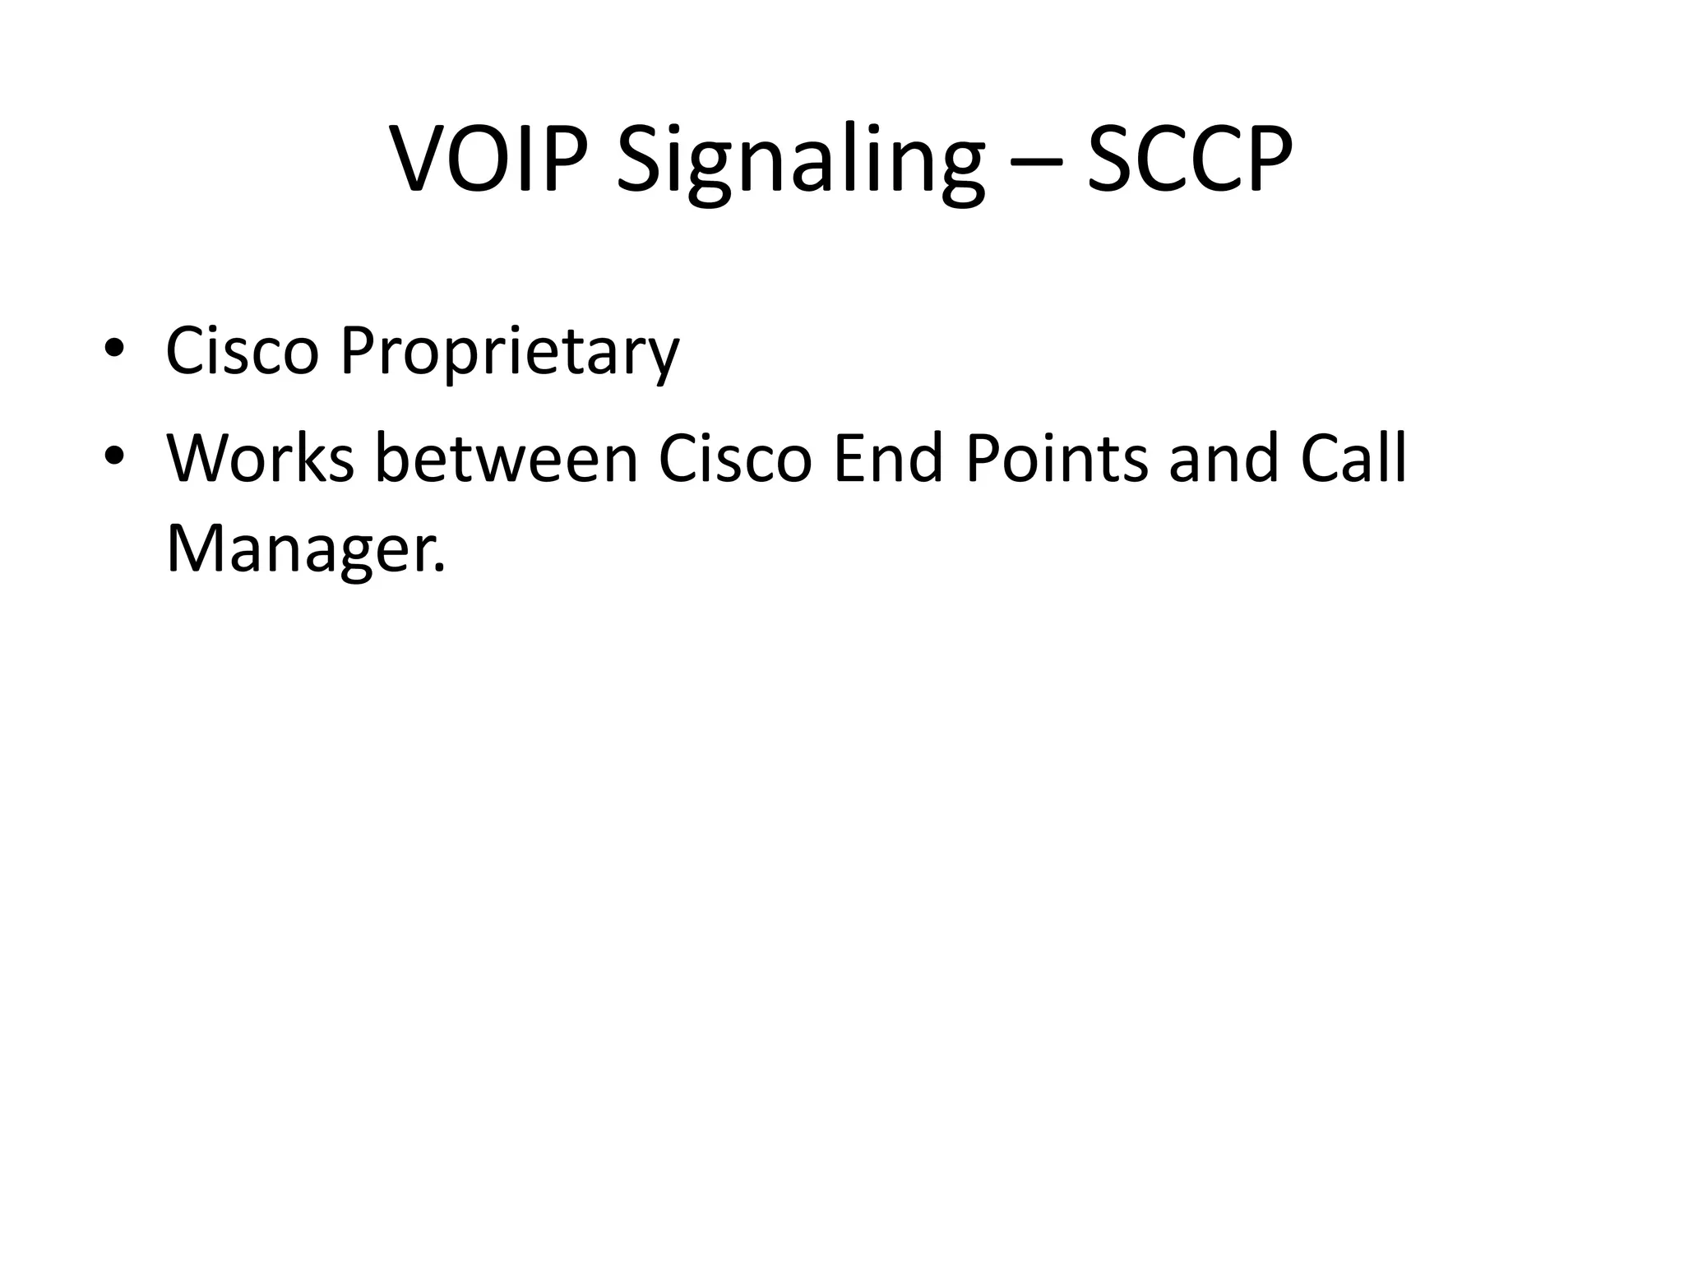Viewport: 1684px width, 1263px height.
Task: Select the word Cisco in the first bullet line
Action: point(242,351)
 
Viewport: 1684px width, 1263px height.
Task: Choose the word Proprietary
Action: point(510,354)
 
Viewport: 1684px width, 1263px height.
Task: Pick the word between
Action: point(507,458)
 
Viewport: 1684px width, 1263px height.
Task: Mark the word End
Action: point(887,458)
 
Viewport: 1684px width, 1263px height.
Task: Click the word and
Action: point(1224,458)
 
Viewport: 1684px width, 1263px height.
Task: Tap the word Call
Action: point(1353,458)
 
